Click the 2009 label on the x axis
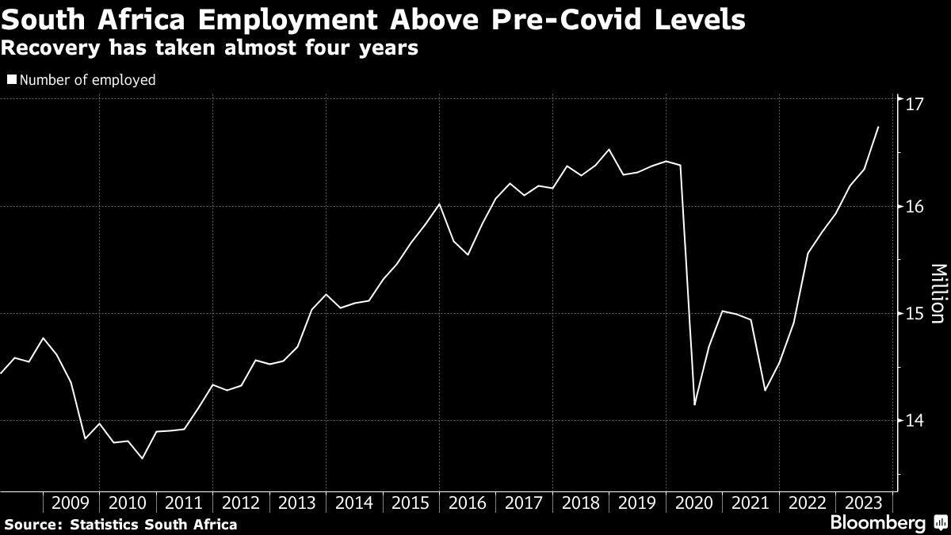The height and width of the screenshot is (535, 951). pos(71,503)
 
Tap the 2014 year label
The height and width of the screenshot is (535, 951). pos(353,503)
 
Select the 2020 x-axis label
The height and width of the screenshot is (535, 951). pos(693,503)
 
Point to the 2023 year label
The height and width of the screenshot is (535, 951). pos(863,503)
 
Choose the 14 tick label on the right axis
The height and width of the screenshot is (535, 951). pos(914,421)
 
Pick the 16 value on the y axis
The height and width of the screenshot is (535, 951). pos(914,207)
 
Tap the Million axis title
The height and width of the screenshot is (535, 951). pos(937,293)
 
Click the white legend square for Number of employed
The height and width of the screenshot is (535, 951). pos(11,80)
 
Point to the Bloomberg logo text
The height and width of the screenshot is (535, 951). pos(877,523)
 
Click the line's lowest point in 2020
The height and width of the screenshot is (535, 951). pos(694,404)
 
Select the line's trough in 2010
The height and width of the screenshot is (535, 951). pos(142,458)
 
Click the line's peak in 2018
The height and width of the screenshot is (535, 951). pos(609,149)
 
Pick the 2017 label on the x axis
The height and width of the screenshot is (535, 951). pos(523,503)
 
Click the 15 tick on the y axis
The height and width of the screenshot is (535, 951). pos(914,314)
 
